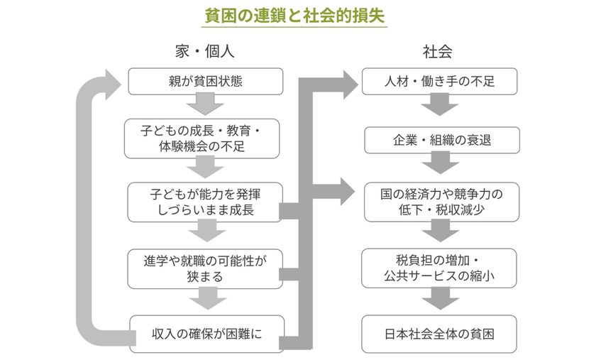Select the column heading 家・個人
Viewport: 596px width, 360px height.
[204, 52]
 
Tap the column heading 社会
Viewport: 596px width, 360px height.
[437, 52]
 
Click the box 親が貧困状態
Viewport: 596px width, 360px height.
[206, 82]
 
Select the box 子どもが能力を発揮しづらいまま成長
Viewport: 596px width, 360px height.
[206, 201]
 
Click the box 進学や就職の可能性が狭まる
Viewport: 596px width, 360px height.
[206, 268]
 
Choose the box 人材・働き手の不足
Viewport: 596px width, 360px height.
[440, 82]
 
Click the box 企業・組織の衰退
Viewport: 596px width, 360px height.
[441, 140]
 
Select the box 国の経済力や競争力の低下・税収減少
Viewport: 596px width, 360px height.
[441, 201]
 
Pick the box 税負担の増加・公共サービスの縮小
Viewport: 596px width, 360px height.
[441, 268]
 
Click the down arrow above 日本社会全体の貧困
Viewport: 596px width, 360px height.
[441, 299]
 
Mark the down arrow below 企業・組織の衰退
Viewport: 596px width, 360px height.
[441, 165]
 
